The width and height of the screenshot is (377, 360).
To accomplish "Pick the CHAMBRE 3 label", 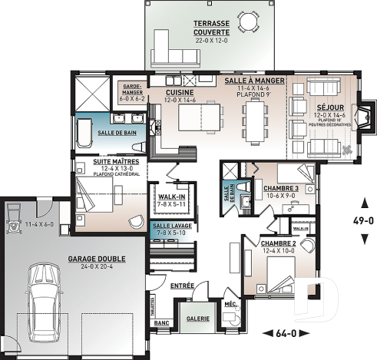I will point(280,188).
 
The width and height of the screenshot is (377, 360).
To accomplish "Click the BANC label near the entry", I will point(161,323).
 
